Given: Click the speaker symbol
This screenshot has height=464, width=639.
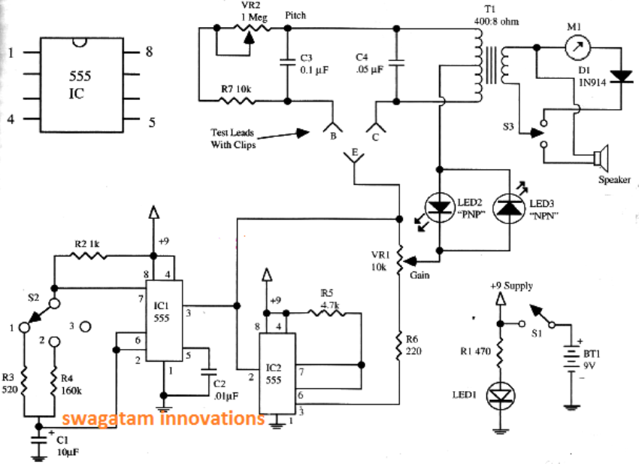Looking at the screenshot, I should pyautogui.click(x=599, y=159).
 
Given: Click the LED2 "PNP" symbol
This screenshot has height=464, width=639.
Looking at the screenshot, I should pyautogui.click(x=438, y=205).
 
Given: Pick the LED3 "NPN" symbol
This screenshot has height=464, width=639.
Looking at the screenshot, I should pyautogui.click(x=509, y=205).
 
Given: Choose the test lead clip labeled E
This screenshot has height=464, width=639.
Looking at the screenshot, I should pyautogui.click(x=353, y=156).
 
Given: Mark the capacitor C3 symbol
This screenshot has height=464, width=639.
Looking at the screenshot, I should pyautogui.click(x=287, y=64).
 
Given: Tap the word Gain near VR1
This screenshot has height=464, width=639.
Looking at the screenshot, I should pyautogui.click(x=420, y=276).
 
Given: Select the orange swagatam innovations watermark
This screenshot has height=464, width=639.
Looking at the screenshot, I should pyautogui.click(x=163, y=418).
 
